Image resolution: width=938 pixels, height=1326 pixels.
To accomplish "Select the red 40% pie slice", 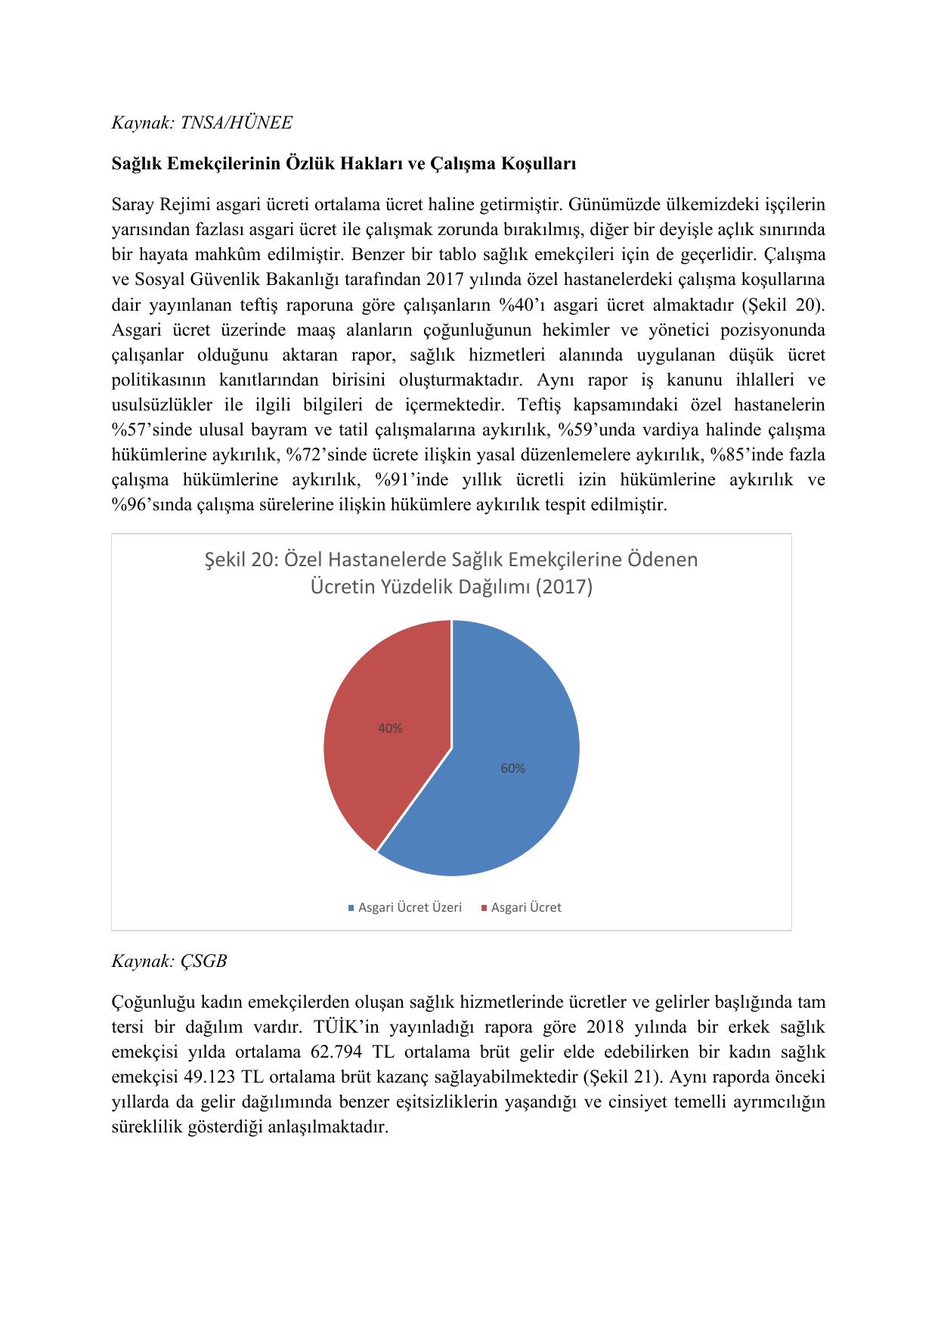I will coord(378,726).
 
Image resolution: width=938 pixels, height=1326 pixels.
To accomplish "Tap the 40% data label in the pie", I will coord(390,729).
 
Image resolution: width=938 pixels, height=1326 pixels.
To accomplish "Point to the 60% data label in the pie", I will coord(512,768).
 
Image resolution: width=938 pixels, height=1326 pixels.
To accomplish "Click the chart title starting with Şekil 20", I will coord(451,573).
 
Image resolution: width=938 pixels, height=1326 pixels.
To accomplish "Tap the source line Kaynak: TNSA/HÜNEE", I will coord(201,122).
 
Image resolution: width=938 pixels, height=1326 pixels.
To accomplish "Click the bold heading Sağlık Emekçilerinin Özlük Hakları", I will coord(344,163).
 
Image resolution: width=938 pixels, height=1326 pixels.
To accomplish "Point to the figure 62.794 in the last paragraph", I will coord(336,1052).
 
